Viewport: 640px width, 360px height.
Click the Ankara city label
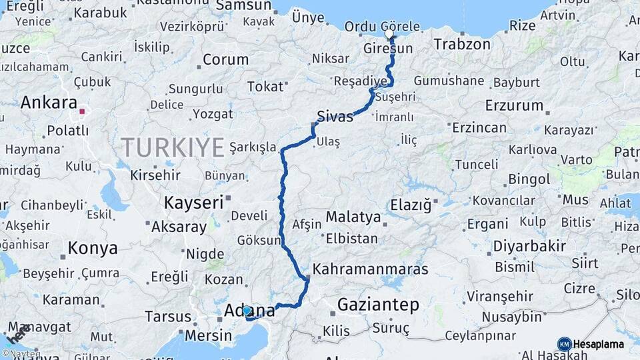[x=49, y=103]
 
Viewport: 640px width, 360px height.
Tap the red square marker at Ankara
[x=82, y=112]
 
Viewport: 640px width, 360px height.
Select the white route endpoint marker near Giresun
[x=389, y=33]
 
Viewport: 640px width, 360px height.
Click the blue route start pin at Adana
[x=247, y=310]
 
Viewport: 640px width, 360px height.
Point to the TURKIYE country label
[x=173, y=147]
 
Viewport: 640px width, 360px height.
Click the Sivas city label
[x=335, y=116]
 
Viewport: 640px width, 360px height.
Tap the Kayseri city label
[x=193, y=203]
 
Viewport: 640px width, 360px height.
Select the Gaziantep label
[x=378, y=305]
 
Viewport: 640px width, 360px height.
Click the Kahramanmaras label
[x=370, y=269]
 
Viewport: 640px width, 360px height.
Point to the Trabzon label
[x=462, y=45]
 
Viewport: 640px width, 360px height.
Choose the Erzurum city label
[x=514, y=105]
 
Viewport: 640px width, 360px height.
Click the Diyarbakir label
[x=529, y=246]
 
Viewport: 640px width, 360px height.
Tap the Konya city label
[x=93, y=249]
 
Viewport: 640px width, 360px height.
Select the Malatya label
[x=353, y=217]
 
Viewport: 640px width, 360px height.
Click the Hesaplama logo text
[x=599, y=345]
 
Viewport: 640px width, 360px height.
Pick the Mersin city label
[x=208, y=335]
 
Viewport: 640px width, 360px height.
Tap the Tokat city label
[x=265, y=87]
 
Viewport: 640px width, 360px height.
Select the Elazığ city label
[x=411, y=205]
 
